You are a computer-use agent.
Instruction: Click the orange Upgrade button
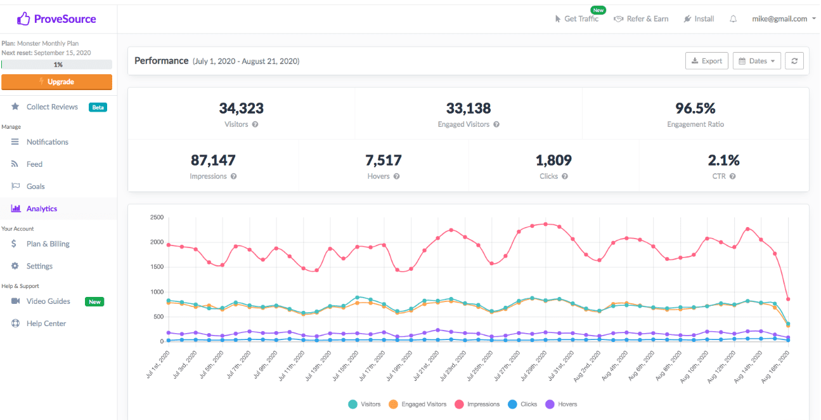pyautogui.click(x=56, y=82)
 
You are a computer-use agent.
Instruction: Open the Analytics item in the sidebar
pyautogui.click(x=41, y=209)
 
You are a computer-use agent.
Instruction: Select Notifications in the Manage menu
pyautogui.click(x=47, y=142)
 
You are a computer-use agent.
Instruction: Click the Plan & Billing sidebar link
pyautogui.click(x=48, y=244)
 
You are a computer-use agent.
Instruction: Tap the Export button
pyautogui.click(x=706, y=61)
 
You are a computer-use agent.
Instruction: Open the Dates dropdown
pyautogui.click(x=757, y=61)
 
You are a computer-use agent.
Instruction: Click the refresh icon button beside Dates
pyautogui.click(x=794, y=61)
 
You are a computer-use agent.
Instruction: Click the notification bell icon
pyautogui.click(x=733, y=19)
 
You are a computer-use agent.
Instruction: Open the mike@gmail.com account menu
pyautogui.click(x=784, y=19)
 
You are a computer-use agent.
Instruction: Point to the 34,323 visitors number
pyautogui.click(x=241, y=108)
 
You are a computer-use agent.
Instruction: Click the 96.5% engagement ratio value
pyautogui.click(x=695, y=108)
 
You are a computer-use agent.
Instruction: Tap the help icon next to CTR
pyautogui.click(x=733, y=176)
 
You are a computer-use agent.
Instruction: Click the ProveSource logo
pyautogui.click(x=56, y=19)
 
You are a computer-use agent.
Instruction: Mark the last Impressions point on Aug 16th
pyautogui.click(x=787, y=299)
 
